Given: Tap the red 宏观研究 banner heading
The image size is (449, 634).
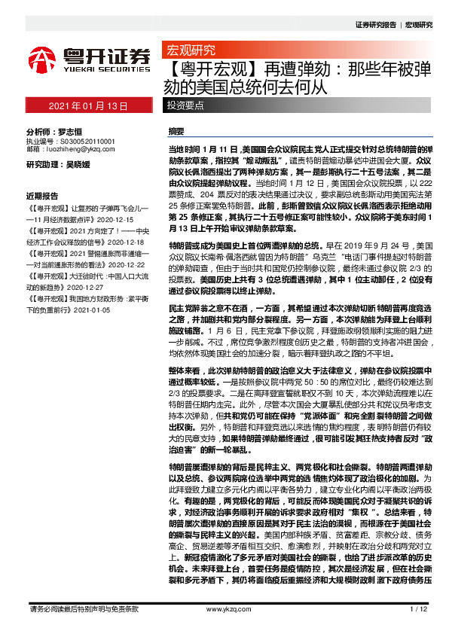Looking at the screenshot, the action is [x=191, y=50].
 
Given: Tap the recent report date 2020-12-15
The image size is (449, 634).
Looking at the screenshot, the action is [x=111, y=217].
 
